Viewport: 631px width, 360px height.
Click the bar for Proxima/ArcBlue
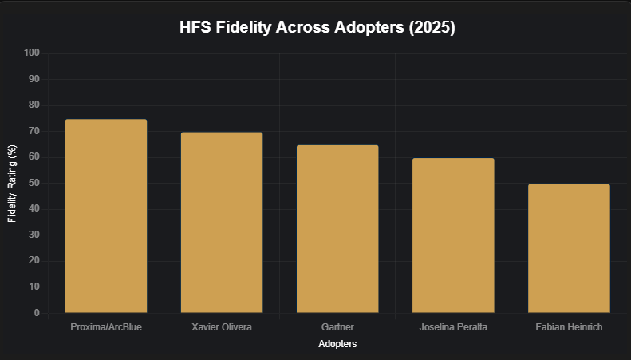point(106,216)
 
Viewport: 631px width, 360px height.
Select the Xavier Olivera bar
point(222,222)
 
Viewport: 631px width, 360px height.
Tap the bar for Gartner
point(337,228)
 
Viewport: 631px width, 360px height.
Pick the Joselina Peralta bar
point(453,235)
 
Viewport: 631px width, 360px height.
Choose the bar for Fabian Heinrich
point(569,248)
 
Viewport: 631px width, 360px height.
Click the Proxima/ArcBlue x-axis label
point(106,327)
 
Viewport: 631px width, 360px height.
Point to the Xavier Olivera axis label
point(222,327)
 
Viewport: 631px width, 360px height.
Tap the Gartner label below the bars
point(337,327)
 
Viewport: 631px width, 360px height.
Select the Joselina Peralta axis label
point(453,327)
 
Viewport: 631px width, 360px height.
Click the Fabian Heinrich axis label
point(569,327)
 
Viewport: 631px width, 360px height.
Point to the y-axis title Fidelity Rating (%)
point(12,184)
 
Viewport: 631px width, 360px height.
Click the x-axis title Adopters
point(337,344)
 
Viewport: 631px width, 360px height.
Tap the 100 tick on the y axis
point(32,53)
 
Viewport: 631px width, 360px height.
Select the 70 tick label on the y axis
point(34,132)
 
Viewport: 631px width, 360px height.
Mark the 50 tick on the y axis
point(34,184)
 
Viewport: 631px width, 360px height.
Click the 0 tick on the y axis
point(37,313)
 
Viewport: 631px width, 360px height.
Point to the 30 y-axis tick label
point(34,235)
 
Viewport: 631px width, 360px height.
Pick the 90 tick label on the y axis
point(34,80)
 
